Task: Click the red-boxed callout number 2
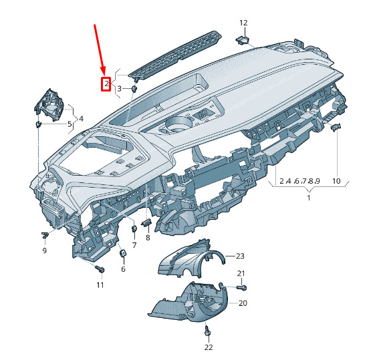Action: point(106,83)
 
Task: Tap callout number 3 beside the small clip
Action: point(119,89)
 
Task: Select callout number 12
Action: point(243,23)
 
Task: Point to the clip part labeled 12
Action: point(242,40)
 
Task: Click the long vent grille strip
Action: point(175,54)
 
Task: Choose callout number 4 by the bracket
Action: point(81,118)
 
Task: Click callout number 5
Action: point(70,124)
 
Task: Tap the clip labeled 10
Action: point(336,128)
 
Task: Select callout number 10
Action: point(336,181)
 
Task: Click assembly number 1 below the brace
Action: point(309,198)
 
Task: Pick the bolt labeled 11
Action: point(100,269)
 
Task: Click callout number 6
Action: point(123,269)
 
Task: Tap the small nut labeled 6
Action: point(122,253)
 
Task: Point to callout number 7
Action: point(134,244)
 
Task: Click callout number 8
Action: point(148,237)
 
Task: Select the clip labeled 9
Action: point(45,235)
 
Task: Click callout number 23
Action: point(240,256)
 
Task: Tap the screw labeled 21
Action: point(242,288)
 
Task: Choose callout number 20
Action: point(243,303)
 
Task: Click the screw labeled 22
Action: point(207,331)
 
